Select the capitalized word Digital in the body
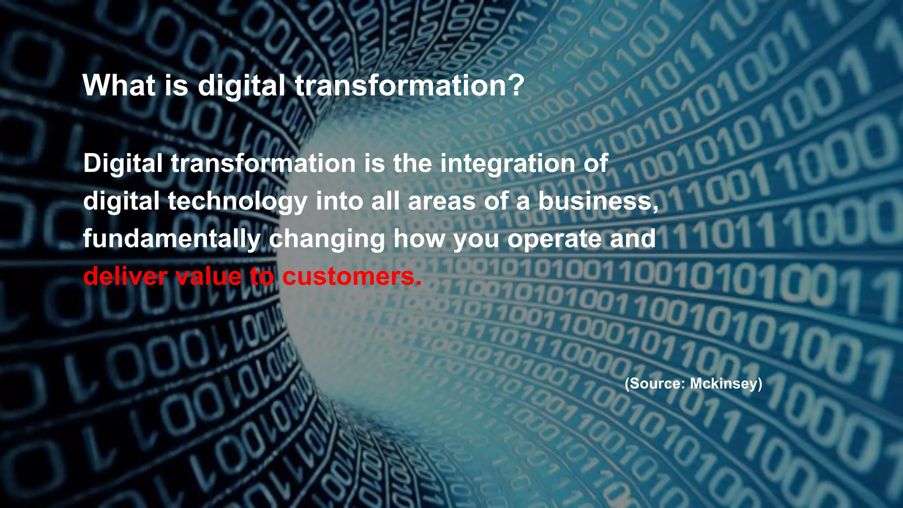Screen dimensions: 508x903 (123, 164)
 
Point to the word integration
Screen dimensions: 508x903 (507, 164)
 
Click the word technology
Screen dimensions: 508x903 (238, 202)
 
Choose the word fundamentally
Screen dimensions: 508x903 (172, 239)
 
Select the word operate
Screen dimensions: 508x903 (554, 239)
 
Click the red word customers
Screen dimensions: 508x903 (348, 276)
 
